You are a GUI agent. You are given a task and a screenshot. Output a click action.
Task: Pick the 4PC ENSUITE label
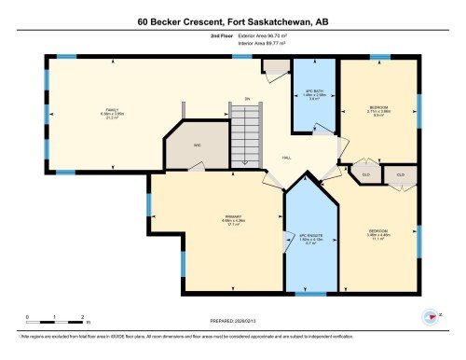coord(310,237)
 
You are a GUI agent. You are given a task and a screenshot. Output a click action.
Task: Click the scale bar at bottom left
coord(56,321)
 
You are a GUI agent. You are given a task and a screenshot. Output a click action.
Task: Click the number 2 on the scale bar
coord(83,315)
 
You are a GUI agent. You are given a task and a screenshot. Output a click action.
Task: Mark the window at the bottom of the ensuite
coord(309,293)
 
